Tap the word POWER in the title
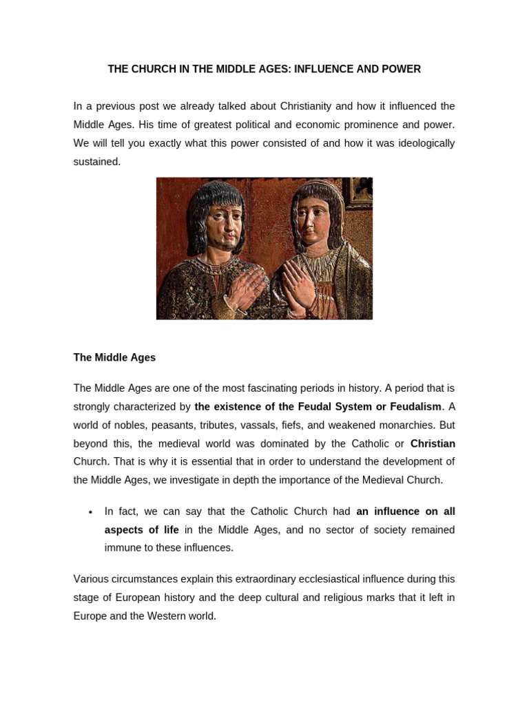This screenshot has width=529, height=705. pyautogui.click(x=402, y=70)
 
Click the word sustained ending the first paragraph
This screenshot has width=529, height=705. pyautogui.click(x=96, y=162)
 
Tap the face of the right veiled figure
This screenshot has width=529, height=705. pyautogui.click(x=314, y=219)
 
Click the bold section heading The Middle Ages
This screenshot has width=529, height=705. pyautogui.click(x=114, y=358)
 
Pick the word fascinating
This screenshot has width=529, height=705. pyautogui.click(x=287, y=388)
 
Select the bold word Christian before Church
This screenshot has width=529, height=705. pyautogui.click(x=433, y=443)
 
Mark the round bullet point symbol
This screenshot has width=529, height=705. pyautogui.click(x=91, y=512)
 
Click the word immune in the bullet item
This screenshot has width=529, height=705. pyautogui.click(x=121, y=548)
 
